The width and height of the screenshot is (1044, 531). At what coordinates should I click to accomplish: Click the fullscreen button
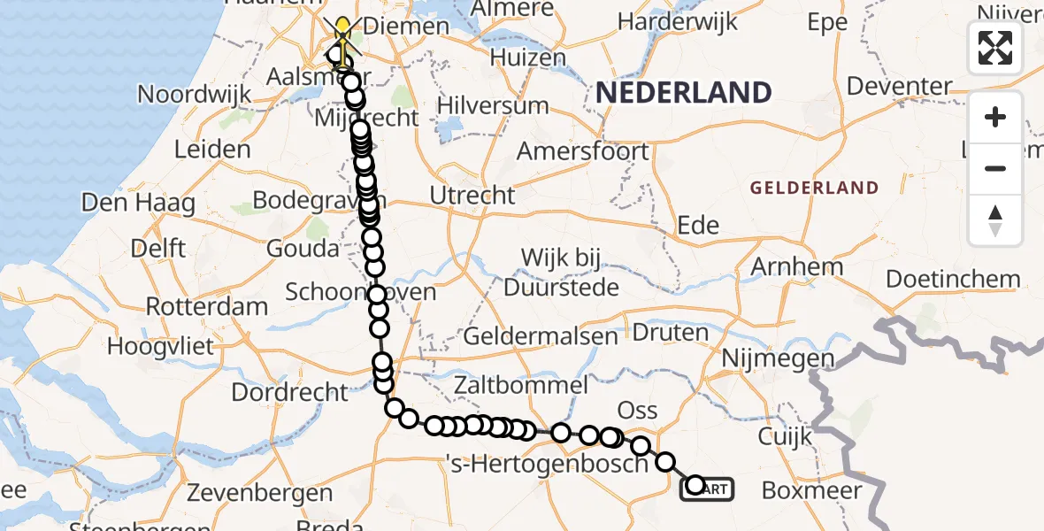(995, 47)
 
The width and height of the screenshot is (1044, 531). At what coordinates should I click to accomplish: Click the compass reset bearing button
(995, 219)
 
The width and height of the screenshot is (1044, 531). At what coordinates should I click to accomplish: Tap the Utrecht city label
(472, 195)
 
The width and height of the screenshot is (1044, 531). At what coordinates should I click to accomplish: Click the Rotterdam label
(206, 307)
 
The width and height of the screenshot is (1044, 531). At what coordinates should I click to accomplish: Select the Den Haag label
(138, 203)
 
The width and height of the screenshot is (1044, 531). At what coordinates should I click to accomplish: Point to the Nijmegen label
(778, 358)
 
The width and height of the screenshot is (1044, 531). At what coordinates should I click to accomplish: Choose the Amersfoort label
(582, 151)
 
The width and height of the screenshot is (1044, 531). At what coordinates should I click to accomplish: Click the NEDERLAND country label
(682, 92)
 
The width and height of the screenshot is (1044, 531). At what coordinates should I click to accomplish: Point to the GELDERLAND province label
(814, 188)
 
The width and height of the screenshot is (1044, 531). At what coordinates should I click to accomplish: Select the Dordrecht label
(290, 390)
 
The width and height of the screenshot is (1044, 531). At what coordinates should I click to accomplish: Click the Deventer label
(899, 87)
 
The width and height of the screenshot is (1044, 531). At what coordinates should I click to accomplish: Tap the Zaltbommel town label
(520, 385)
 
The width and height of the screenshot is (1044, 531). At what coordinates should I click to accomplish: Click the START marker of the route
(706, 488)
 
